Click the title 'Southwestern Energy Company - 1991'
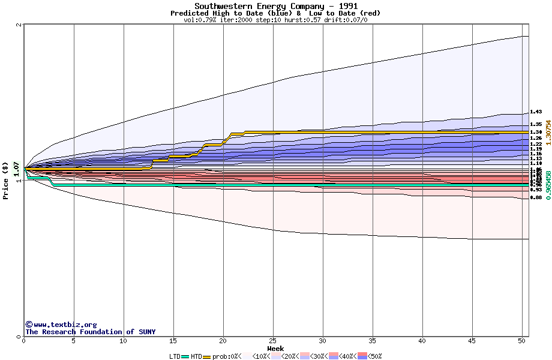275,6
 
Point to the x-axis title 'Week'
275,349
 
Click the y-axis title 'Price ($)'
6,181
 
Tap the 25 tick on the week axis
273,341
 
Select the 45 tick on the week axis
472,341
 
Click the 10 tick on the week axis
124,341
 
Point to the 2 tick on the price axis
19,25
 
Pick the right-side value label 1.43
536,112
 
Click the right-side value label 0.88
536,197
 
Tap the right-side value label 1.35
536,124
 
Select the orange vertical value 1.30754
548,132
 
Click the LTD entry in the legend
175,356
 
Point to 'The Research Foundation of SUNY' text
90,332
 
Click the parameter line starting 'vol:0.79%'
275,20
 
